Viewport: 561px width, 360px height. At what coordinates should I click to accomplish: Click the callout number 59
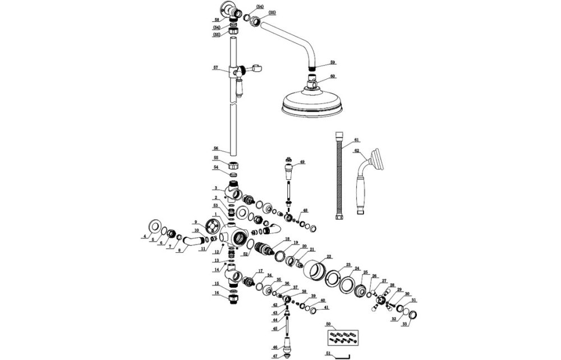click(x=333, y=62)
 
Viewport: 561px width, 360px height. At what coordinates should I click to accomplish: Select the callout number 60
click(x=333, y=76)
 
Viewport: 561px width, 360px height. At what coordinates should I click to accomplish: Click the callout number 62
click(x=356, y=150)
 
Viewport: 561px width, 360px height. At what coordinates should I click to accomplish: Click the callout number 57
click(x=215, y=68)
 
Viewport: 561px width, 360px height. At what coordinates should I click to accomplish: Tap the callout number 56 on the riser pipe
click(x=215, y=149)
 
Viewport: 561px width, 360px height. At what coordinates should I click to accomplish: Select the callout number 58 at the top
click(x=216, y=20)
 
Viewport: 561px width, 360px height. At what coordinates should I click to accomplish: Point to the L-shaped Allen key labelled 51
click(x=339, y=355)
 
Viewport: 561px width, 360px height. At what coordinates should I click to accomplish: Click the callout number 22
click(x=329, y=256)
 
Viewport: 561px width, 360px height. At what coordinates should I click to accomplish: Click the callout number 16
click(x=216, y=293)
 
